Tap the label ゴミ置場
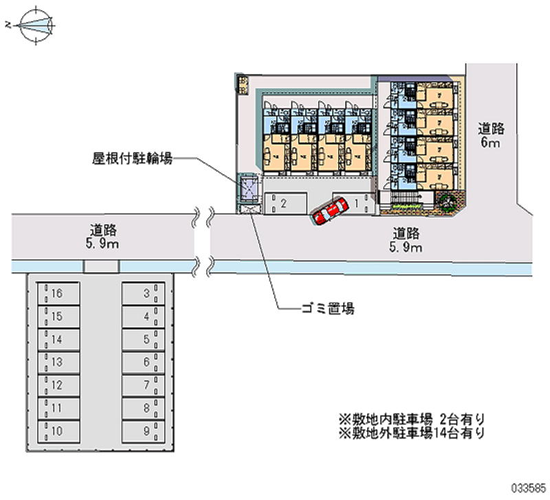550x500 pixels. point(327,309)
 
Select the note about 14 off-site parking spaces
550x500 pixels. point(412,433)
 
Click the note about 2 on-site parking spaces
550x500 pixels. point(412,418)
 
